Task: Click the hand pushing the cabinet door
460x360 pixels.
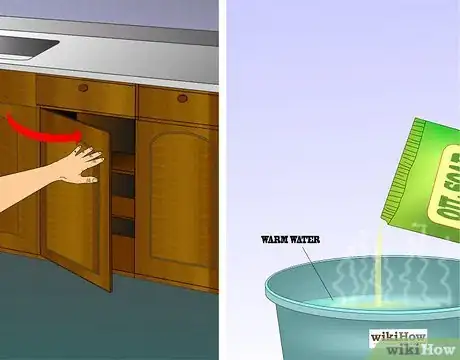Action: [x=80, y=162]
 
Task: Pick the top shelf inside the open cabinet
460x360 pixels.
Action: [x=121, y=171]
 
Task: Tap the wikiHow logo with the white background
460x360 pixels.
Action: [x=398, y=337]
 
